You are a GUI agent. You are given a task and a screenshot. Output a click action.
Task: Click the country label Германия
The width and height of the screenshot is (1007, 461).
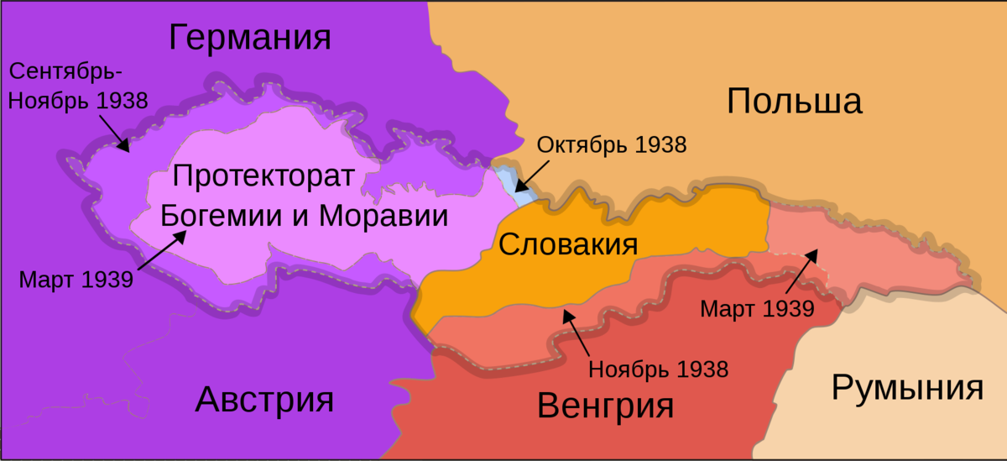tap(250, 38)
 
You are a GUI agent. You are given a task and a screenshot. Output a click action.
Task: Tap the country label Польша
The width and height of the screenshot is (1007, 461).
tap(794, 102)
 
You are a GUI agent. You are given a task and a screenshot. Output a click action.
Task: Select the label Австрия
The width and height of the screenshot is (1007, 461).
tap(264, 399)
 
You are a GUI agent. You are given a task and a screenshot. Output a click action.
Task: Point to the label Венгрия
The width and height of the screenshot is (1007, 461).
tap(605, 406)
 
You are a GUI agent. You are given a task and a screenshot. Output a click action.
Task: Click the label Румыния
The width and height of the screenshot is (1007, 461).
tap(907, 388)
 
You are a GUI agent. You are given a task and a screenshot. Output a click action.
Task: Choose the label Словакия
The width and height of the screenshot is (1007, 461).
tap(568, 244)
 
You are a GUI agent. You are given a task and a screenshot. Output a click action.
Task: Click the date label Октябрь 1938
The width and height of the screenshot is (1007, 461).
tap(612, 144)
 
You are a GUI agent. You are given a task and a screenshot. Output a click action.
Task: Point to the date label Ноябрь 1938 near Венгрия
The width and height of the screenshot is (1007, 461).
tap(658, 368)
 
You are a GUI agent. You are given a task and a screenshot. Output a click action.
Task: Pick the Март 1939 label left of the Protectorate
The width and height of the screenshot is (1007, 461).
tap(76, 279)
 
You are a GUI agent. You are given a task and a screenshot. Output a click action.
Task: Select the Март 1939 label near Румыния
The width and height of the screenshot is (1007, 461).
tap(757, 308)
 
